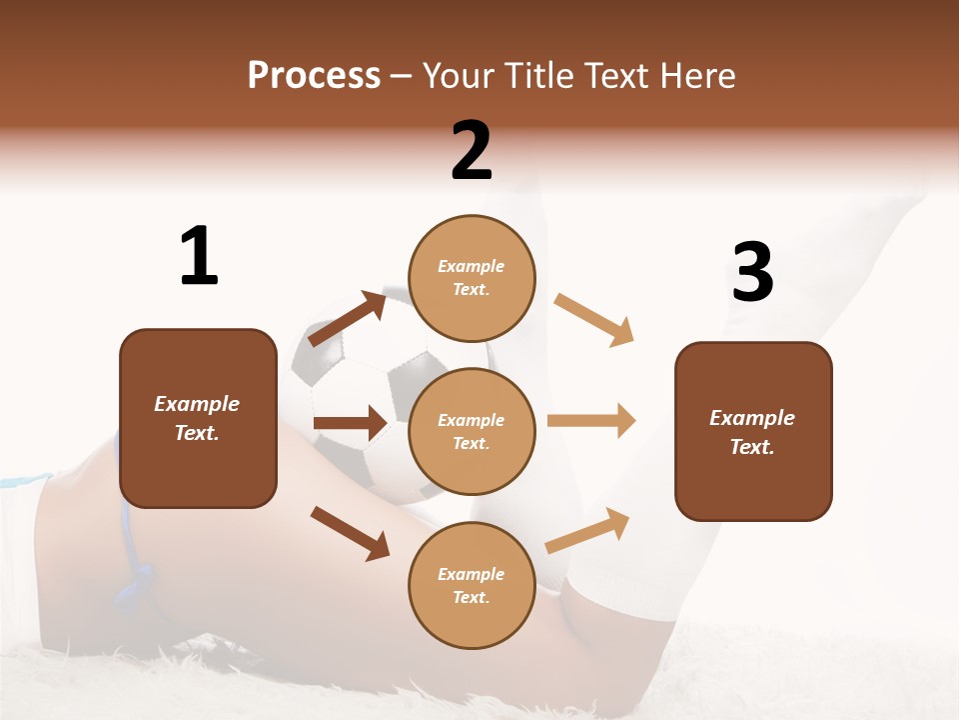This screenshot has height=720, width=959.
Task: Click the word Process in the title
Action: point(314,76)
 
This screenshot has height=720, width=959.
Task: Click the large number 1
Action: point(199,256)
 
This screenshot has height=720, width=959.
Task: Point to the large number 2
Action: point(472,151)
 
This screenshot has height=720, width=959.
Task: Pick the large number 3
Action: point(752,272)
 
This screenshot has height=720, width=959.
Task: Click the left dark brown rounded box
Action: point(198,418)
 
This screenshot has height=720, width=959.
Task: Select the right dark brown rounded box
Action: point(753,431)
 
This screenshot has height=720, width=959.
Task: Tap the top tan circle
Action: point(472,277)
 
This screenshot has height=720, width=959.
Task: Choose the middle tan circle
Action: point(472,431)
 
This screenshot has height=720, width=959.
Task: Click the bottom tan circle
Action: point(472,585)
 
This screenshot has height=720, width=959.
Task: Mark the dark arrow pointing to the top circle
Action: point(348,318)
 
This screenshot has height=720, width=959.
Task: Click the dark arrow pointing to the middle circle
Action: point(350,423)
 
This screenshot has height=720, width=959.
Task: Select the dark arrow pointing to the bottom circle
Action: point(350,532)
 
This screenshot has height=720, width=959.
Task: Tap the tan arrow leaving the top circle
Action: point(594,319)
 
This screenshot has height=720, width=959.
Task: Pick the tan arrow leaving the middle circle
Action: point(591,420)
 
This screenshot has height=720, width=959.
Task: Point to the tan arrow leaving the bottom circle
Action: point(587,530)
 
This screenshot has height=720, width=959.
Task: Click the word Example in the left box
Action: point(197,404)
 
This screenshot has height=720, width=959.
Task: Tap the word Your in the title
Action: point(456,76)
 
